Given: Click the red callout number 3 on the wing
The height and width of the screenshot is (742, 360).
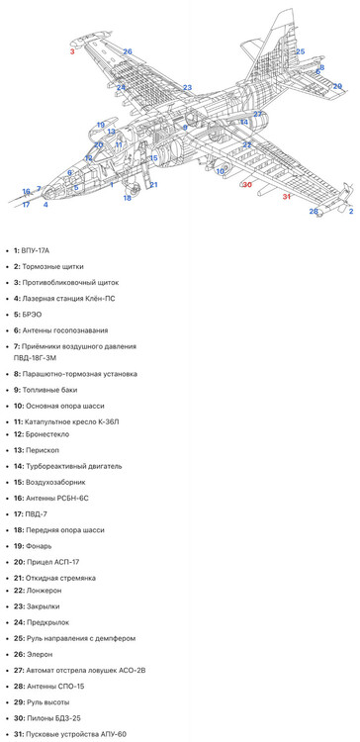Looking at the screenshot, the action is (72, 51).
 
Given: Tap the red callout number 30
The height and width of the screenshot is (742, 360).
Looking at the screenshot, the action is (247, 185).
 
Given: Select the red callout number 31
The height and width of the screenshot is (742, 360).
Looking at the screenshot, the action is (286, 197).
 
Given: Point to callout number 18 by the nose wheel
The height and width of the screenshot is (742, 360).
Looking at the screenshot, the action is (128, 198).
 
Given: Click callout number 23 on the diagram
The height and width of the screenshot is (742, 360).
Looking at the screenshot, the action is (187, 87).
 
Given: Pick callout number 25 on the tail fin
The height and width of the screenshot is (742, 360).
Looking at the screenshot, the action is (301, 51).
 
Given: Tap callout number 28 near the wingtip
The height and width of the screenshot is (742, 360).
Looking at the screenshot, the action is (314, 211).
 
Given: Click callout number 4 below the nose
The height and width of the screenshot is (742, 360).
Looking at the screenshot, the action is (45, 205).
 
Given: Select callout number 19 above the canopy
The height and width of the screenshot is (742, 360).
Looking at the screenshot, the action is (100, 125).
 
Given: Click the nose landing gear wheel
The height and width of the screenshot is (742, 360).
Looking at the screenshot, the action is (135, 191).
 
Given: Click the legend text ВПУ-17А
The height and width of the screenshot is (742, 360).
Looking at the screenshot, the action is (35, 250).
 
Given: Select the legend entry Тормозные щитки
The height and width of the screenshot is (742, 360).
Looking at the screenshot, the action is (53, 266).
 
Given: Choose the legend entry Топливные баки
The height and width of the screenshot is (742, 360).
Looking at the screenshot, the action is (49, 390).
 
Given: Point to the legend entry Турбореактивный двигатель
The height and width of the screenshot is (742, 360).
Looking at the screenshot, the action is (74, 466).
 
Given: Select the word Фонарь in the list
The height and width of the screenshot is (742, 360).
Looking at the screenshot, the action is (39, 546).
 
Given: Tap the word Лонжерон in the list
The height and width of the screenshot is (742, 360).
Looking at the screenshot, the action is (44, 591).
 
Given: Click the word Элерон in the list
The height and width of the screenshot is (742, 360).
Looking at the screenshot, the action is (40, 655).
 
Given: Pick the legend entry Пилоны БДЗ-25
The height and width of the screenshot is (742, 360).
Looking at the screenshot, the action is (50, 718).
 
